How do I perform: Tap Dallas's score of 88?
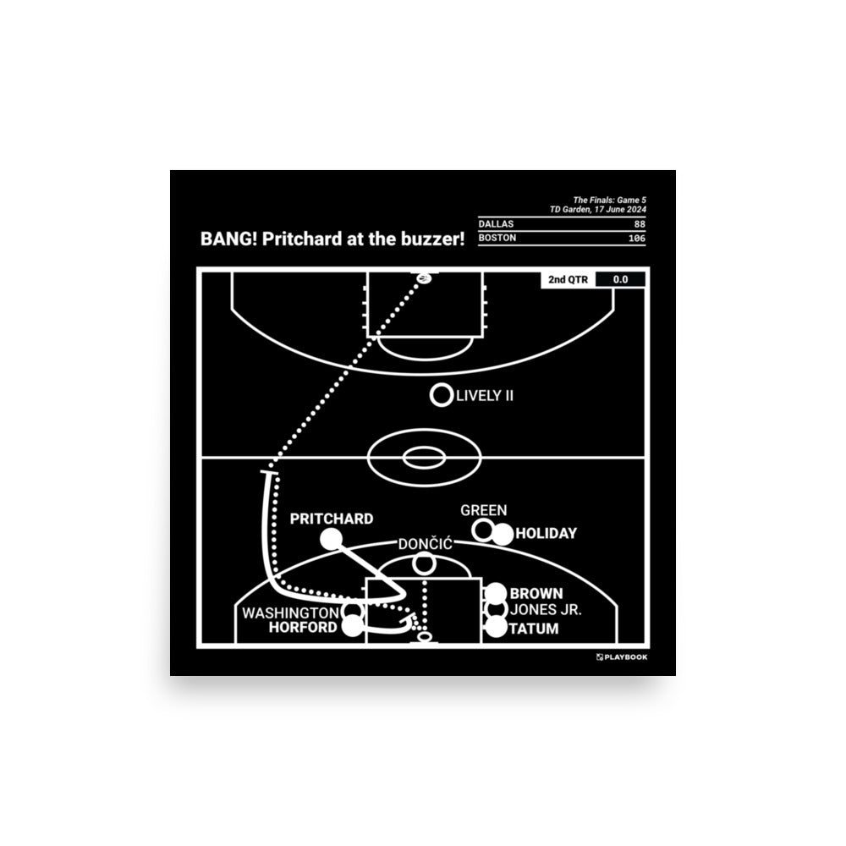coord(639,223)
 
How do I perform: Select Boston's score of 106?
coord(635,239)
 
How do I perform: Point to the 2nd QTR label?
coord(567,279)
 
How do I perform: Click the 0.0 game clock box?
coord(620,279)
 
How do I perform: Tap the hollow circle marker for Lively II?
coord(440,394)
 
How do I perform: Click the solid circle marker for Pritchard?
coord(330,538)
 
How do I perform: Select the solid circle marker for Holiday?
coord(503,534)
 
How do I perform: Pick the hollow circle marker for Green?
coord(484,530)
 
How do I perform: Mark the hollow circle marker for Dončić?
coord(425,563)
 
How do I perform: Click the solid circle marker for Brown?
coord(496,594)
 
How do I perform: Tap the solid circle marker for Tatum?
coord(496,628)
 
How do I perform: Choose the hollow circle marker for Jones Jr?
coord(496,610)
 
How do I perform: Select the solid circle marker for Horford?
coord(354,627)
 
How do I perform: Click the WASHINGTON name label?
coord(290,612)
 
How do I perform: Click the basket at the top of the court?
coord(424,277)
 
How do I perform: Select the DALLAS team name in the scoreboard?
coord(496,223)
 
